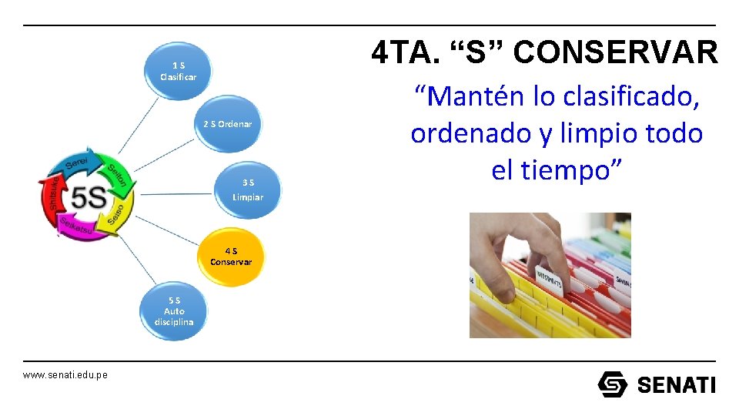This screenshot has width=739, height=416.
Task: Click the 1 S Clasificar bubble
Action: point(178,71)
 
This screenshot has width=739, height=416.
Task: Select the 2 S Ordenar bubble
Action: point(227,124)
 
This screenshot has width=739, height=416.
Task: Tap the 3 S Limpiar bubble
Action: point(248,190)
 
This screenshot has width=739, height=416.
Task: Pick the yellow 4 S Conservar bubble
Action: point(231,257)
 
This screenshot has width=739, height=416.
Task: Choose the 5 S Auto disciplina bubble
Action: point(174,311)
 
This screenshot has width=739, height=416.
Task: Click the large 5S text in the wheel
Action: point(89,198)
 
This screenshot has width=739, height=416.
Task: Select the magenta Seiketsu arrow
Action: point(76,228)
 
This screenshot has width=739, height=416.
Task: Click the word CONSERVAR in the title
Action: point(615,52)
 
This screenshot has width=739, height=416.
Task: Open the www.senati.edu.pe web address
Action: point(65,374)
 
